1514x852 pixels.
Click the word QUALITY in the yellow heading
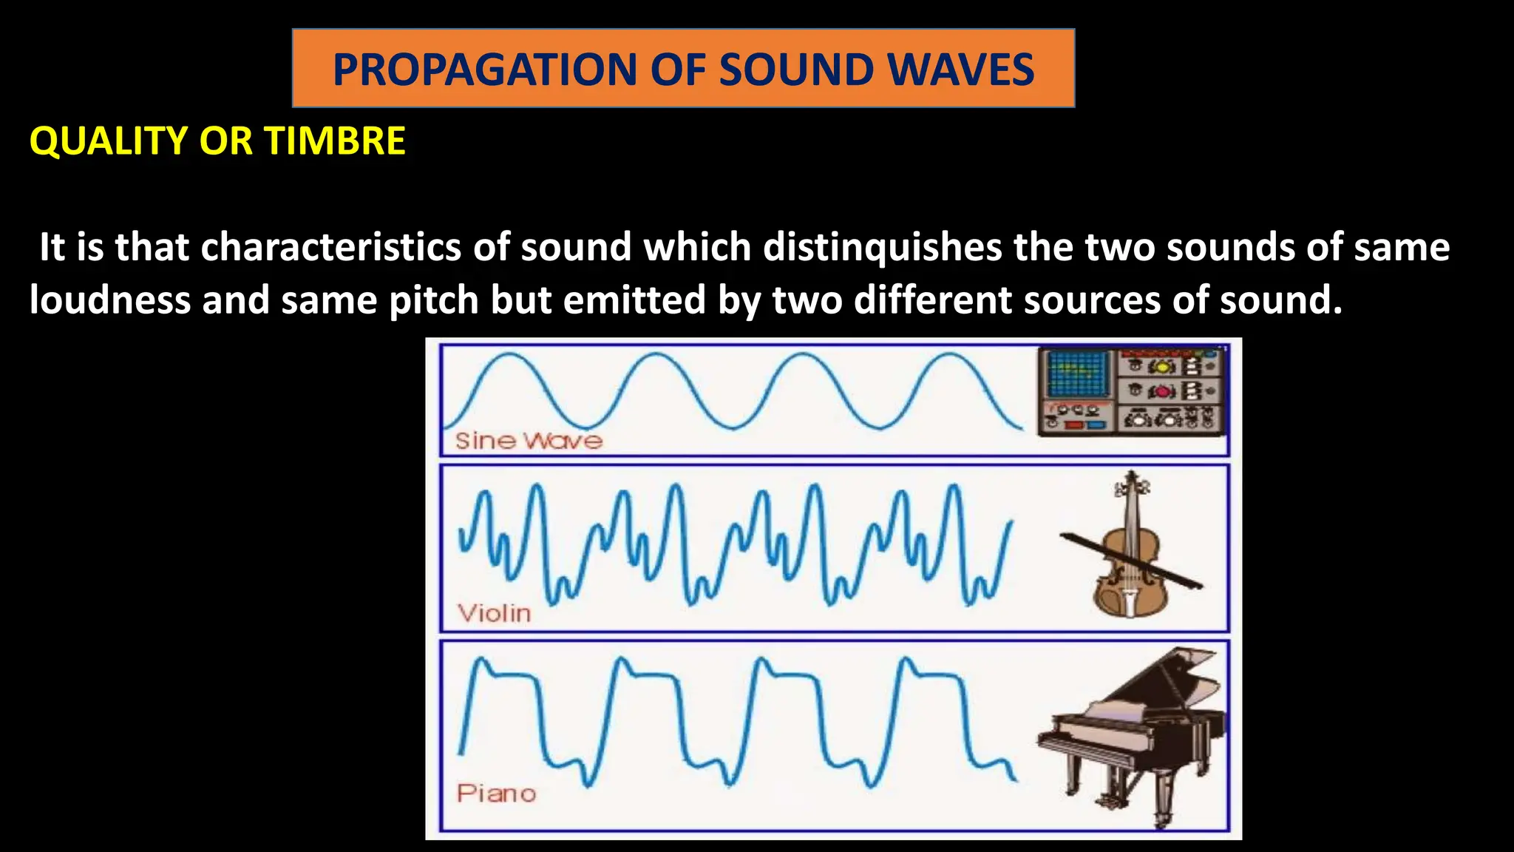pos(109,141)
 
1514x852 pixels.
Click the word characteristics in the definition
pos(330,247)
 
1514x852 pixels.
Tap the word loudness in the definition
pos(109,300)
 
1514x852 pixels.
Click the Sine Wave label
pos(529,441)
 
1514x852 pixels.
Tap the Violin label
pos(494,613)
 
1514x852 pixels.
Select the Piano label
pos(496,794)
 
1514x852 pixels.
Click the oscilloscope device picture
pos(1131,391)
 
